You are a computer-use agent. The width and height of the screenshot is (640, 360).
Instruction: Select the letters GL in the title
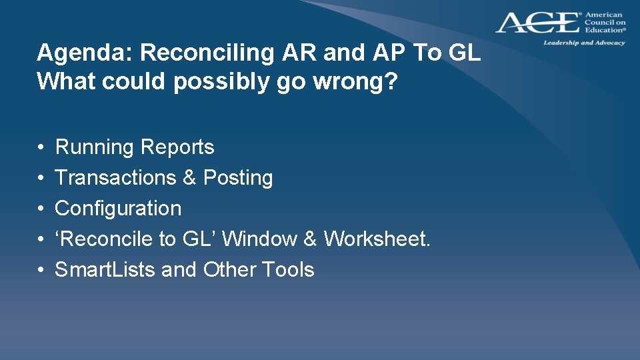(464, 53)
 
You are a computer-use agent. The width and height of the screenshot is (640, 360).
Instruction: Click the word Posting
(238, 178)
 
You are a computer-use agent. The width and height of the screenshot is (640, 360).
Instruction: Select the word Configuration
(118, 208)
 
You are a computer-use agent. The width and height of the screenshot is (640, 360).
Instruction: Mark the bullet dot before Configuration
(41, 209)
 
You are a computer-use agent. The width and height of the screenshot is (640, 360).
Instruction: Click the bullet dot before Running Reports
(41, 148)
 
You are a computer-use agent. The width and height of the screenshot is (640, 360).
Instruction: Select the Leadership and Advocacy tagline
(584, 43)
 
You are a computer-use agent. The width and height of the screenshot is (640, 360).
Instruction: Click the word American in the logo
(603, 15)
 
